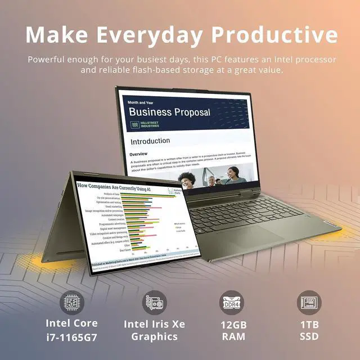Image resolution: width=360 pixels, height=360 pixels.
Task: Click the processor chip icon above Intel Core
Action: pos(71,303)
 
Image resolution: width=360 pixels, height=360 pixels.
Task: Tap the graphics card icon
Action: pos(154,303)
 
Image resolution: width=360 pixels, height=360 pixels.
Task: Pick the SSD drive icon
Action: pos(309,303)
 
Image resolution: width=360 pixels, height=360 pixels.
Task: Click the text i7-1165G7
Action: pos(72,337)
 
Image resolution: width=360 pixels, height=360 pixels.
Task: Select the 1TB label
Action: pos(309,323)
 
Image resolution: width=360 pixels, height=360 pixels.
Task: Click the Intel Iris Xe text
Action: pos(154,323)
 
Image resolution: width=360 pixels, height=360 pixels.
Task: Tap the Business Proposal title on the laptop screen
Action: pos(169,111)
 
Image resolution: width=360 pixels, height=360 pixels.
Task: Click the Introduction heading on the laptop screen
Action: pos(150,141)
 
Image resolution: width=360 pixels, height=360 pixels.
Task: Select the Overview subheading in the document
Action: pos(138,154)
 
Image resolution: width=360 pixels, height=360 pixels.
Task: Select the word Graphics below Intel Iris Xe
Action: pos(154,337)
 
